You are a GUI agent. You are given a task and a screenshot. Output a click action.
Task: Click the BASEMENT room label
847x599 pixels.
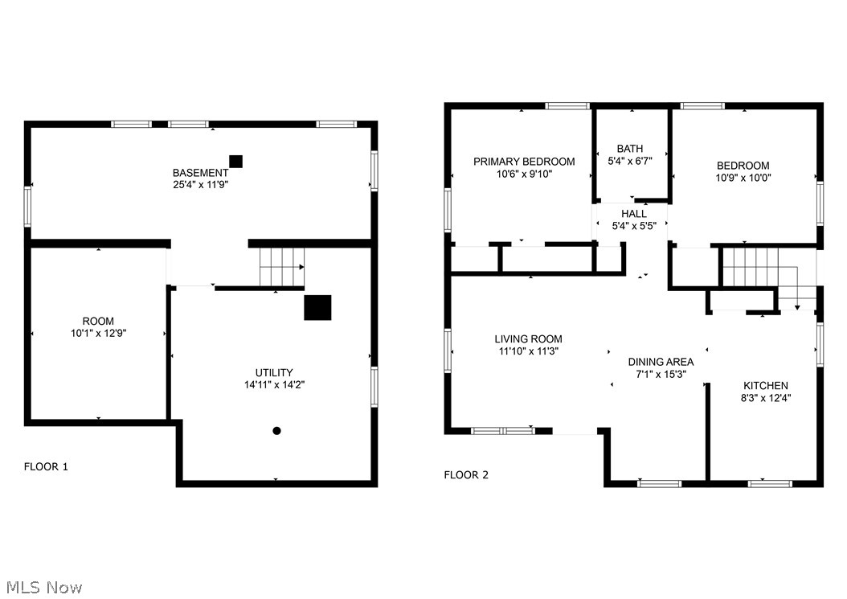(200, 173)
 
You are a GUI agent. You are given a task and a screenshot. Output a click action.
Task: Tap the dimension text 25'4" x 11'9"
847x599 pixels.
(200, 185)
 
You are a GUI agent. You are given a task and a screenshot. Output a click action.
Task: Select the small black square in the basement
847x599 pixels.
(235, 161)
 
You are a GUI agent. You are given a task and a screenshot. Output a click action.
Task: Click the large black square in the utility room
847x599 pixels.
(317, 307)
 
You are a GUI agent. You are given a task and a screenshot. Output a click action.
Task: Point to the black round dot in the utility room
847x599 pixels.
(276, 431)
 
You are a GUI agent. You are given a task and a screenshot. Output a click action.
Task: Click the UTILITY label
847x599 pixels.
(274, 372)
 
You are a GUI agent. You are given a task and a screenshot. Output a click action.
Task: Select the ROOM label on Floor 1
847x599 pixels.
(98, 321)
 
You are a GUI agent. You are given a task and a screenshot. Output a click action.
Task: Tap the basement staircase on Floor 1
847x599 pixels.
(281, 266)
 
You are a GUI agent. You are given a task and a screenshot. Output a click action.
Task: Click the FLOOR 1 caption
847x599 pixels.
(46, 466)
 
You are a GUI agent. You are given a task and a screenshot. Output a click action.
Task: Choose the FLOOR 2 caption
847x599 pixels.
(466, 475)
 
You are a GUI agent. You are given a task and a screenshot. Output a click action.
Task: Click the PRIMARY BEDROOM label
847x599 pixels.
(524, 162)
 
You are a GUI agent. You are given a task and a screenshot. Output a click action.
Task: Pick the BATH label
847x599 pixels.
(630, 149)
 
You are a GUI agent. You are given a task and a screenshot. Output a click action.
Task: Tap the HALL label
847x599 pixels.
(633, 214)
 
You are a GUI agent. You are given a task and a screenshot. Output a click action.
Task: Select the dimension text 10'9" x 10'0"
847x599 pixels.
(743, 178)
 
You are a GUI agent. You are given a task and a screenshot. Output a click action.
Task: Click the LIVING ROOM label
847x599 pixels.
(528, 339)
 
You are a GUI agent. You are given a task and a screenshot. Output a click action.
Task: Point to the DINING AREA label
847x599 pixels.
(661, 362)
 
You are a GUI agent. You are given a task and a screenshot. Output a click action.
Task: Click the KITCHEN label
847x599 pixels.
(765, 385)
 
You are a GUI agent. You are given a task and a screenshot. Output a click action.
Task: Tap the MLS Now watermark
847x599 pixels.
(42, 588)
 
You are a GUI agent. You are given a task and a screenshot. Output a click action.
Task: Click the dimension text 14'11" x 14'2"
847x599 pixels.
(274, 384)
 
